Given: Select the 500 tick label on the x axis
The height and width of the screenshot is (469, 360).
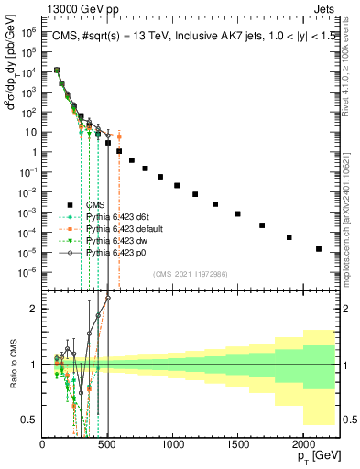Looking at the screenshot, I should tap(107, 444).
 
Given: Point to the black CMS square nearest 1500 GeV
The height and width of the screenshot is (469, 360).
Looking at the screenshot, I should tap(237, 213).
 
